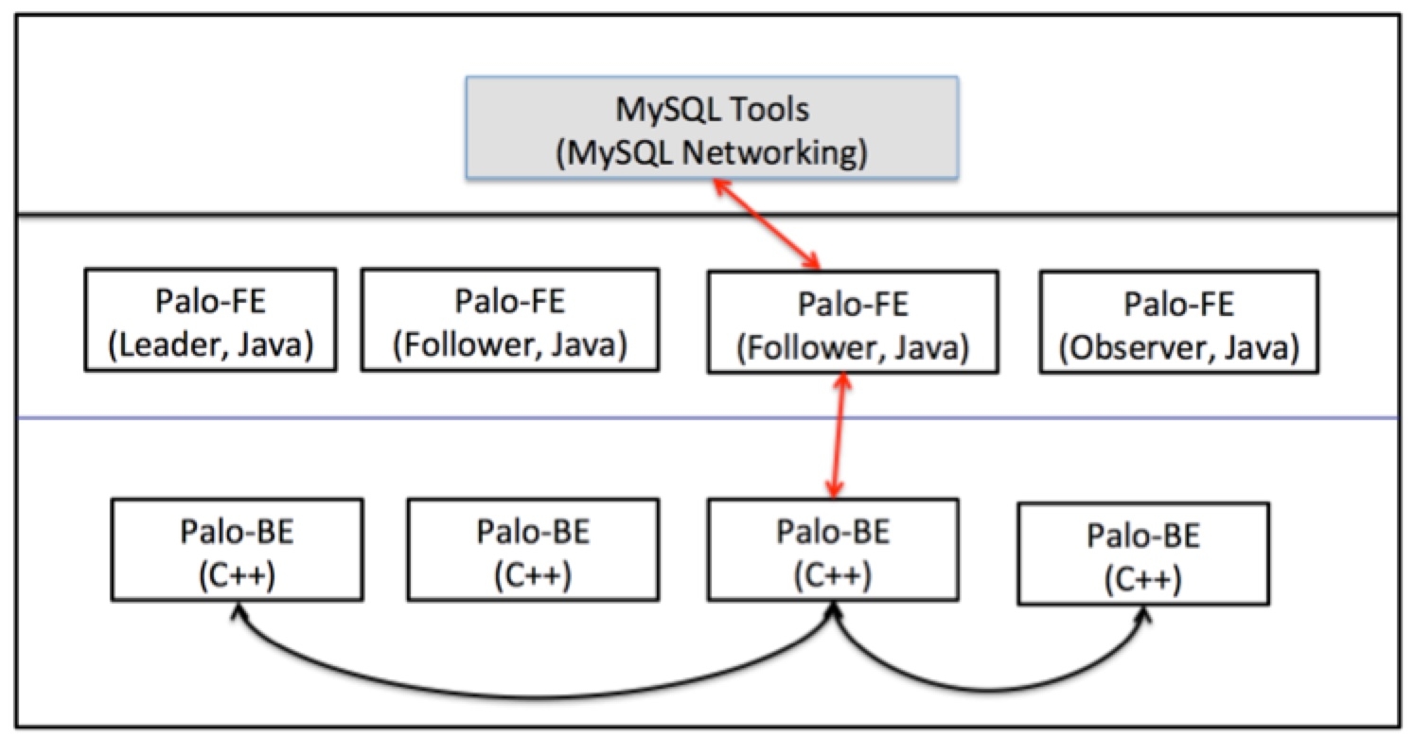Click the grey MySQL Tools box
712,127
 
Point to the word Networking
765,151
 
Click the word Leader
170,346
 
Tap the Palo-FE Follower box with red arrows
853,322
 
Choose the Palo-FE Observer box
1178,322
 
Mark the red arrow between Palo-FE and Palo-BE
836,436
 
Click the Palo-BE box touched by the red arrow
833,549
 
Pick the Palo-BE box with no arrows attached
533,549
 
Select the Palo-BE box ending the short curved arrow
1143,553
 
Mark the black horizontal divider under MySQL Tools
284,214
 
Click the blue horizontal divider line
284,417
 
